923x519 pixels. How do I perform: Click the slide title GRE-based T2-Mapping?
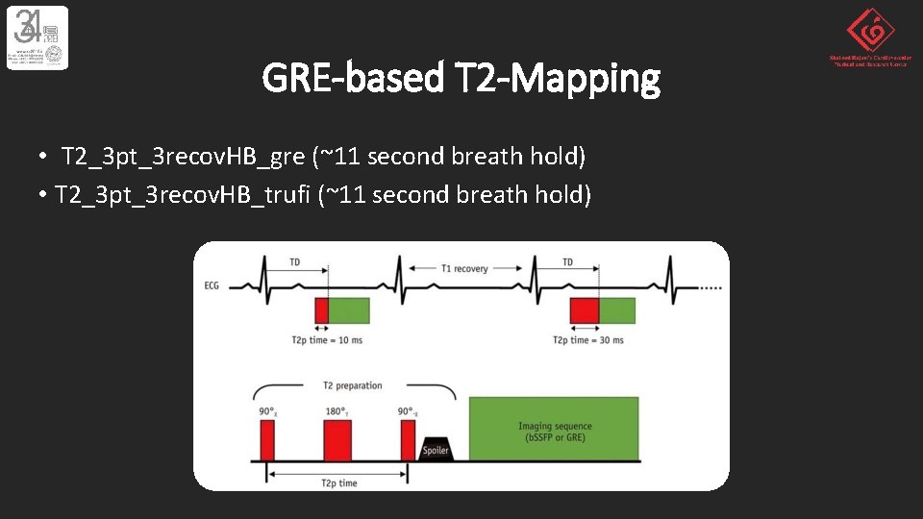point(461,78)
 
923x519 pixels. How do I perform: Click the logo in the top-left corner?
point(37,37)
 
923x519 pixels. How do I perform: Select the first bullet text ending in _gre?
point(323,156)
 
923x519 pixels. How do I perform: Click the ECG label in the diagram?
point(212,285)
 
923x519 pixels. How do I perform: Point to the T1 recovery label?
point(464,269)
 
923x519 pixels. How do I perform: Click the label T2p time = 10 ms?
point(327,340)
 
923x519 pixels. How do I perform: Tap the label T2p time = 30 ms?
point(587,340)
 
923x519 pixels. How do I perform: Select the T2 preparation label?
point(352,386)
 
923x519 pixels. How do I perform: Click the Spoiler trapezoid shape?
point(436,446)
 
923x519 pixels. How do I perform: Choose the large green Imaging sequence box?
point(555,431)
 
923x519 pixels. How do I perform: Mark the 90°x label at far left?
point(267,411)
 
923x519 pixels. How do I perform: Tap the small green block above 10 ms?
point(349,309)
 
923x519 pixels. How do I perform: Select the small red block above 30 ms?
point(585,309)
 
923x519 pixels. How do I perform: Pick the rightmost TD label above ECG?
point(567,261)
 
